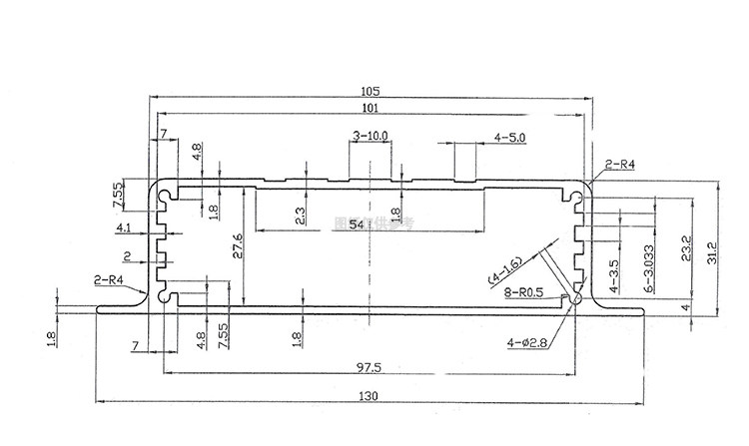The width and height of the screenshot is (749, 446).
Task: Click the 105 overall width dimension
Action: tap(372, 90)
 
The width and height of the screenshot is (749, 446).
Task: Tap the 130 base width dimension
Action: tap(370, 396)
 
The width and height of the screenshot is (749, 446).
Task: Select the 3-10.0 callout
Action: tap(372, 135)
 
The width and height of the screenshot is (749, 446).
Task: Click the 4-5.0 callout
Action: tap(509, 136)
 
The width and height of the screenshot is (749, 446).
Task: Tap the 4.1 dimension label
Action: tap(125, 228)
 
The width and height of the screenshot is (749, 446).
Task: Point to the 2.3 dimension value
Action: tap(302, 214)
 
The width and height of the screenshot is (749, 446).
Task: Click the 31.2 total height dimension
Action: tap(711, 248)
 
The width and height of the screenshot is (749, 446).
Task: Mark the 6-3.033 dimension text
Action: tap(648, 267)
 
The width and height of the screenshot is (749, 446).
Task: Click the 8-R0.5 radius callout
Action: tap(523, 292)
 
